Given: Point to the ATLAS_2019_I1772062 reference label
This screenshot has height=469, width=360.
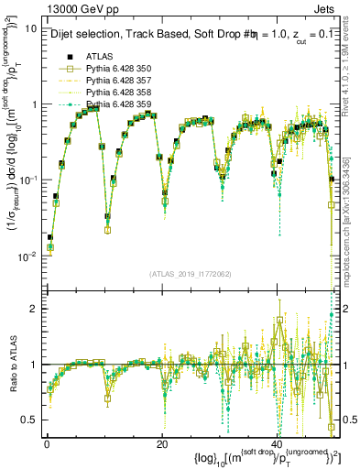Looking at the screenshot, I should click(x=191, y=274).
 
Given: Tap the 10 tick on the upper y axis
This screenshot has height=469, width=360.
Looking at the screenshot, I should click(x=30, y=28).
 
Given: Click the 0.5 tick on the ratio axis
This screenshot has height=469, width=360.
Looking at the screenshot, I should click(x=29, y=420).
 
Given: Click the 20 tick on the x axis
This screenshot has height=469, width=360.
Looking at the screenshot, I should click(x=162, y=443).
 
